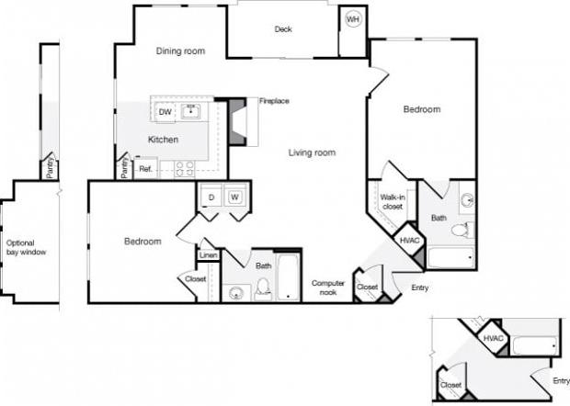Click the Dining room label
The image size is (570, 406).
pyautogui.click(x=180, y=51)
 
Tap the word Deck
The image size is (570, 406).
pyautogui.click(x=283, y=29)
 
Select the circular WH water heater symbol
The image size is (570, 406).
pyautogui.click(x=353, y=19)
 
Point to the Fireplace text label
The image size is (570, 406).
pyautogui.click(x=275, y=101)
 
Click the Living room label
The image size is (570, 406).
pyautogui.click(x=312, y=152)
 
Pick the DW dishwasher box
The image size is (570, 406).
pyautogui.click(x=165, y=112)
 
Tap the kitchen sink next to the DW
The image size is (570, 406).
pyautogui.click(x=192, y=112)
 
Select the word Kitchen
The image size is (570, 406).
pyautogui.click(x=164, y=140)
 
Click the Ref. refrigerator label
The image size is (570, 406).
pyautogui.click(x=145, y=169)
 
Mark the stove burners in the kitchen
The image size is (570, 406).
pyautogui.click(x=184, y=168)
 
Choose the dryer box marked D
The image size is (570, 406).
pyautogui.click(x=210, y=197)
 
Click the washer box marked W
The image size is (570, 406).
pyautogui.click(x=235, y=197)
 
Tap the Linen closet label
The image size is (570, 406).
pyautogui.click(x=209, y=254)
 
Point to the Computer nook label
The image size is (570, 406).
pyautogui.click(x=327, y=288)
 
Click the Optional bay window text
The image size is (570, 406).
pyautogui.click(x=26, y=246)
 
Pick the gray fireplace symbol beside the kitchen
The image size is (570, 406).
pyautogui.click(x=238, y=121)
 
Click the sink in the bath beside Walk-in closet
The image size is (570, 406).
pyautogui.click(x=466, y=200)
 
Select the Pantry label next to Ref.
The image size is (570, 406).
pyautogui.click(x=122, y=168)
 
